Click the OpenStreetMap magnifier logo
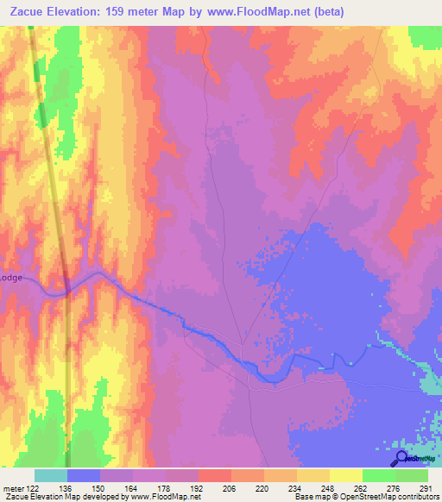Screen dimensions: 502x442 [x=401, y=457]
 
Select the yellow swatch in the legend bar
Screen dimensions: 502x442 [x=345, y=475]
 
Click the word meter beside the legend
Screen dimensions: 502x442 [x=12, y=487]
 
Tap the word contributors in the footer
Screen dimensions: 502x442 [x=414, y=497]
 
